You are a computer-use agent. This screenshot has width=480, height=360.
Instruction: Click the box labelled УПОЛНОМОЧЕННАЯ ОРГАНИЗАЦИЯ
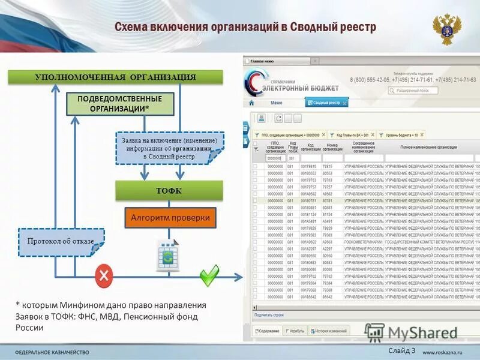point(115,77)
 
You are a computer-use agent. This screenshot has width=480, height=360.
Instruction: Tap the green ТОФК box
point(169,191)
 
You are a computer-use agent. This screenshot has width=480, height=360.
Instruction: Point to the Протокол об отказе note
point(61,241)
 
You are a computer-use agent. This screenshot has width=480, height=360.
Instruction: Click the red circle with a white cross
point(104,276)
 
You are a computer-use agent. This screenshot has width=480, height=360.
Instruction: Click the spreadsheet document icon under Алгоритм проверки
point(167,254)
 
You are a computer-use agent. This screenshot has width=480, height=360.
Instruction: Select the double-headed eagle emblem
point(447,29)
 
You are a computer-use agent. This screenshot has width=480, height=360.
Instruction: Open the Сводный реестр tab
point(326,103)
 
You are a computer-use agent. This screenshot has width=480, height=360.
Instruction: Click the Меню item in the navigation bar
point(276,103)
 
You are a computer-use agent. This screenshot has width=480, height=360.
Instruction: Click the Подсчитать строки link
point(269,314)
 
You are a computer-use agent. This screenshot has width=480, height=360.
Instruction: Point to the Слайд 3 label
point(401,350)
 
